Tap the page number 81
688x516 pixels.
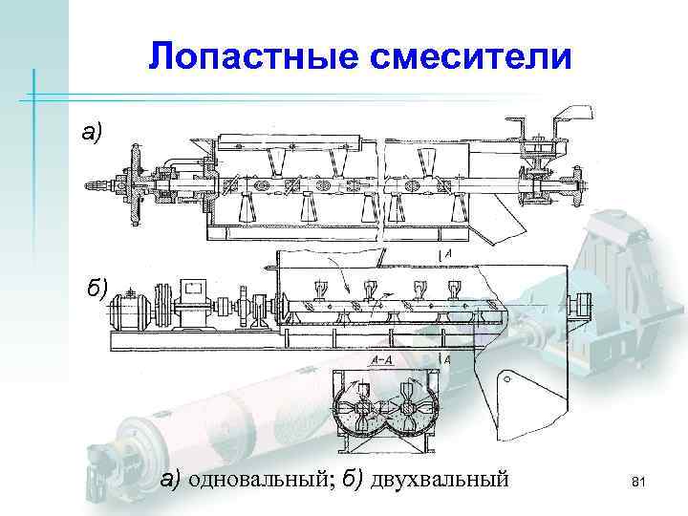pyautogui.click(x=639, y=487)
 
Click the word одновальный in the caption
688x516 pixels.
pyautogui.click(x=252, y=478)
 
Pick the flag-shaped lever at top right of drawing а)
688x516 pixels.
pyautogui.click(x=568, y=120)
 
